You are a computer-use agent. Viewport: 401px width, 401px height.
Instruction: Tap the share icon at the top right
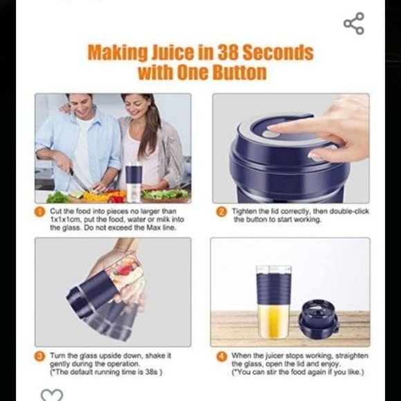[353, 24]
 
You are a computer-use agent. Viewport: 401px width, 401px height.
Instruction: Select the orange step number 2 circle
[221, 211]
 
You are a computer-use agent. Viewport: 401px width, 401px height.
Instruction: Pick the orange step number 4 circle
[221, 356]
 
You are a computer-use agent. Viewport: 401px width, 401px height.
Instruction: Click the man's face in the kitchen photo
[81, 110]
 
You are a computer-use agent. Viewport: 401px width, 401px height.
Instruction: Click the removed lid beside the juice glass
[317, 319]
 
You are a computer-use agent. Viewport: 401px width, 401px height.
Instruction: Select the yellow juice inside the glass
[273, 321]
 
